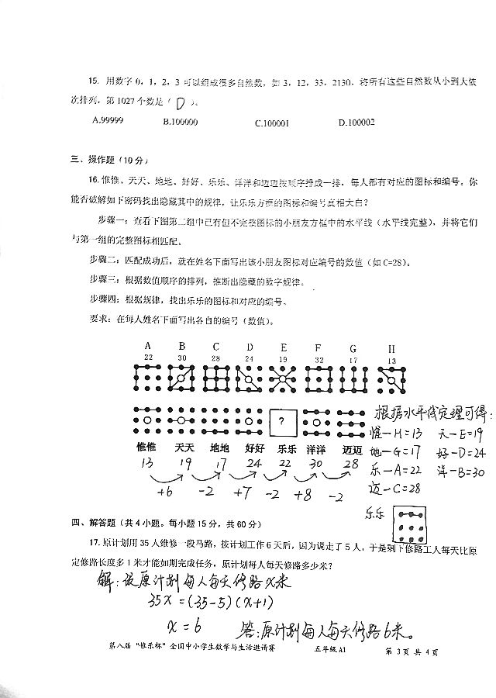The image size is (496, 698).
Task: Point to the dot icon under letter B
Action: [181, 379]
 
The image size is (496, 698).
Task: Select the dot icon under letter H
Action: [391, 379]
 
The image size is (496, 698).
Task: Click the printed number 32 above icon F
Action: [319, 360]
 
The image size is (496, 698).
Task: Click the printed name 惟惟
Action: [146, 448]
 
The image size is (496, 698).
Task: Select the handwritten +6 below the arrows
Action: [164, 494]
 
